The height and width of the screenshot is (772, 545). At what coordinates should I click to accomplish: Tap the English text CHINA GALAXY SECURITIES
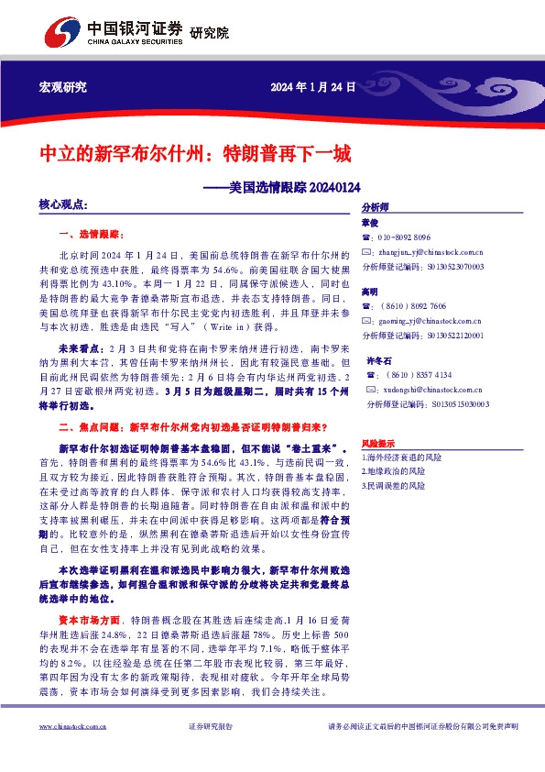(x=135, y=41)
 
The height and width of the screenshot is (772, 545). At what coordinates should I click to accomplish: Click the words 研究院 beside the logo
(x=209, y=33)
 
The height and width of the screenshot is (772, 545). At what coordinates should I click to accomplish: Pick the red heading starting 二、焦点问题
(x=192, y=427)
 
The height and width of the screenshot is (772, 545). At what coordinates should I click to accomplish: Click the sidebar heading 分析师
(x=376, y=207)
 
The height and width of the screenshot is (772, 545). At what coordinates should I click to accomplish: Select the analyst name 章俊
(x=369, y=222)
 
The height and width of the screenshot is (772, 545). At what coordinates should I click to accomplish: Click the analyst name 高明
(x=369, y=291)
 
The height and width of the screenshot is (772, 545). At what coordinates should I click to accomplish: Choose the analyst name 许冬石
(x=378, y=360)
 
